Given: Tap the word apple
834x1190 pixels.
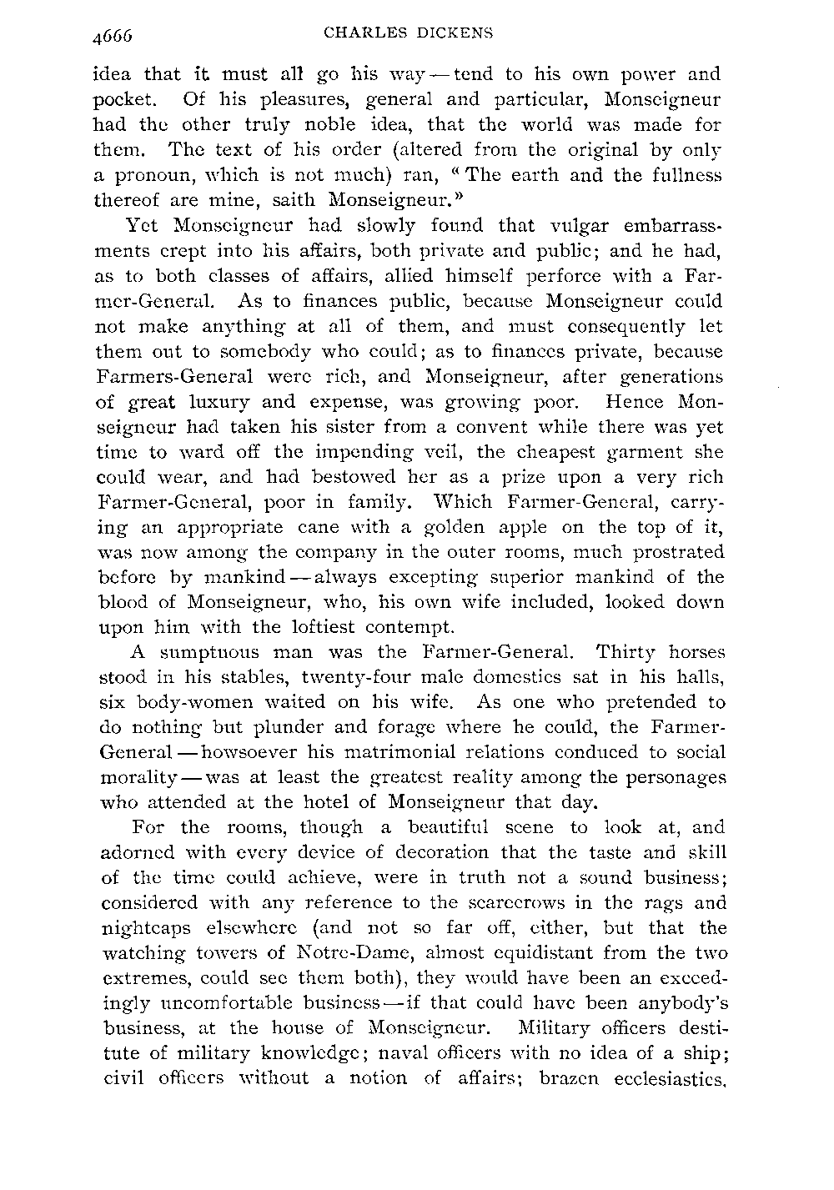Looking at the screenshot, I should click(x=547, y=526).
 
